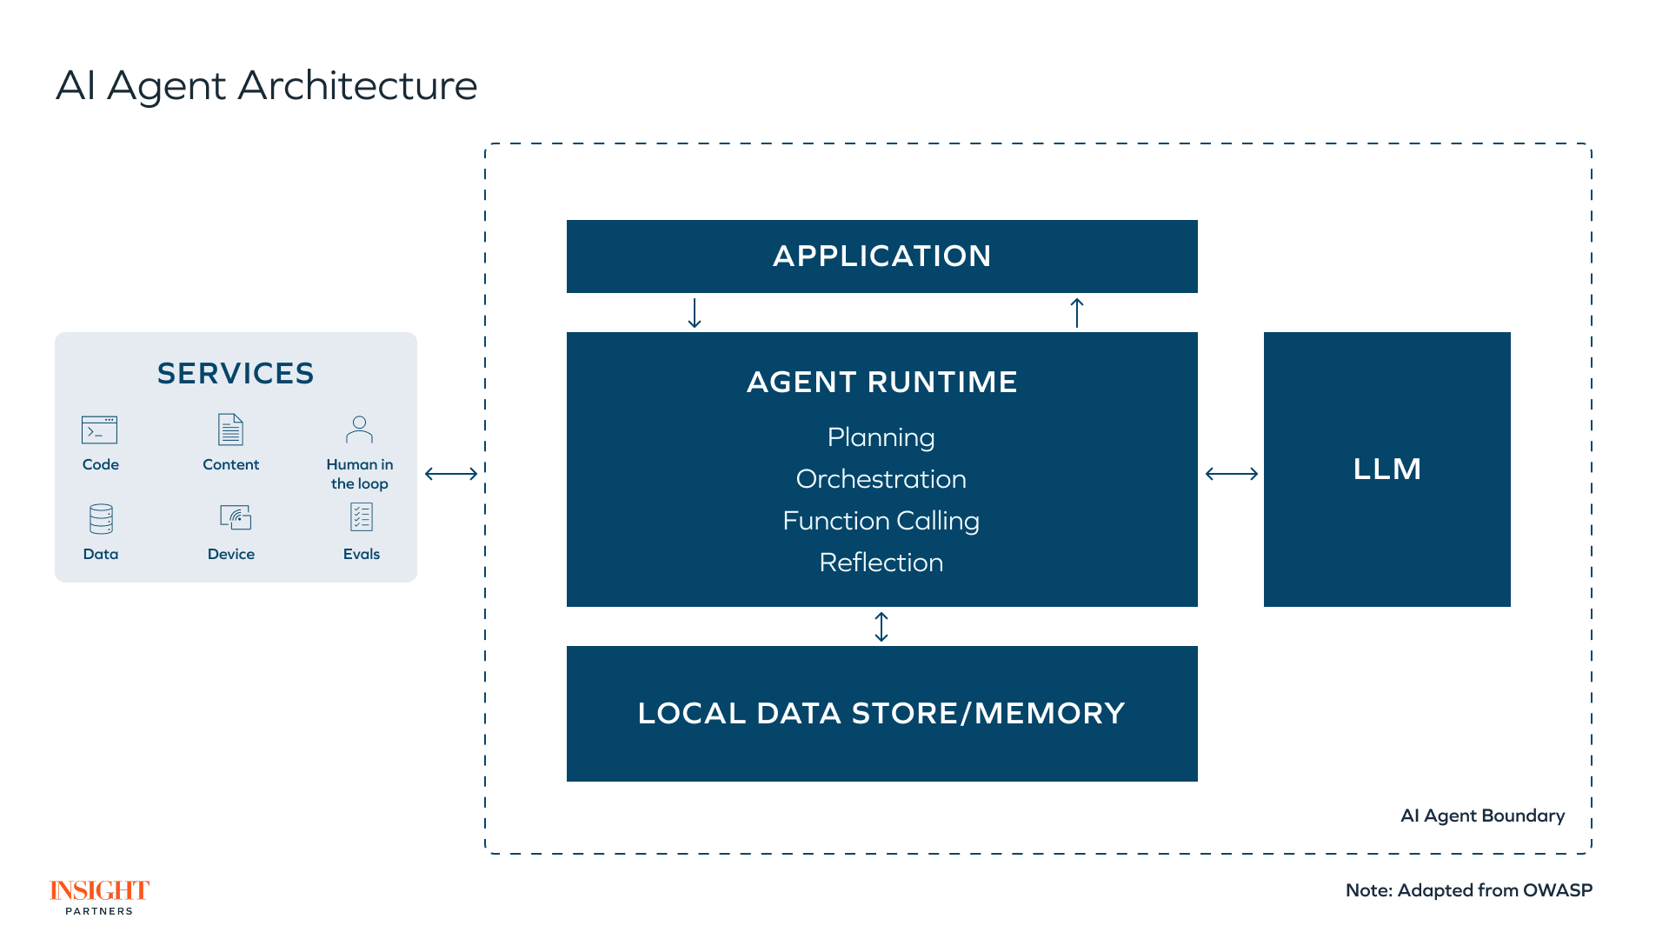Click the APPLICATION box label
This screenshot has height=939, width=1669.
tap(881, 256)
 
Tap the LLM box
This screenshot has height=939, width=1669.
tap(1386, 469)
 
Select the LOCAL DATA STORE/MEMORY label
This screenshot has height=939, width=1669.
tap(881, 714)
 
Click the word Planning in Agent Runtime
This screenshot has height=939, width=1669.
tap(881, 437)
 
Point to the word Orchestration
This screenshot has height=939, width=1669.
tap(881, 479)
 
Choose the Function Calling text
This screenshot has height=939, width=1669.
tap(881, 521)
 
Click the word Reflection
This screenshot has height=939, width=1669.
tap(881, 563)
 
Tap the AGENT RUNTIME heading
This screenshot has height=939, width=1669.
tap(881, 383)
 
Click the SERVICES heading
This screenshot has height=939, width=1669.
tap(236, 374)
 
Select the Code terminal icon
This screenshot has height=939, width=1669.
tap(100, 430)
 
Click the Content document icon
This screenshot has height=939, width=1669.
tap(230, 430)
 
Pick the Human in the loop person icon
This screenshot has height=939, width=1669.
tap(359, 430)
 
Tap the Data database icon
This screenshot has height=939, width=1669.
tap(101, 519)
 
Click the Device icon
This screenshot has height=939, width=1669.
tap(235, 517)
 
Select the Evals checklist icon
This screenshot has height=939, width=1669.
tap(361, 517)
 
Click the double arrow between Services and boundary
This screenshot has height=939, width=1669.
tap(451, 474)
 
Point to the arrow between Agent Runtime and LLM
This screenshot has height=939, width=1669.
tap(1231, 474)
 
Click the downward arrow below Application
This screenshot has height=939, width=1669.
tap(695, 313)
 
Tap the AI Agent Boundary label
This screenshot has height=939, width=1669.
tap(1482, 816)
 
